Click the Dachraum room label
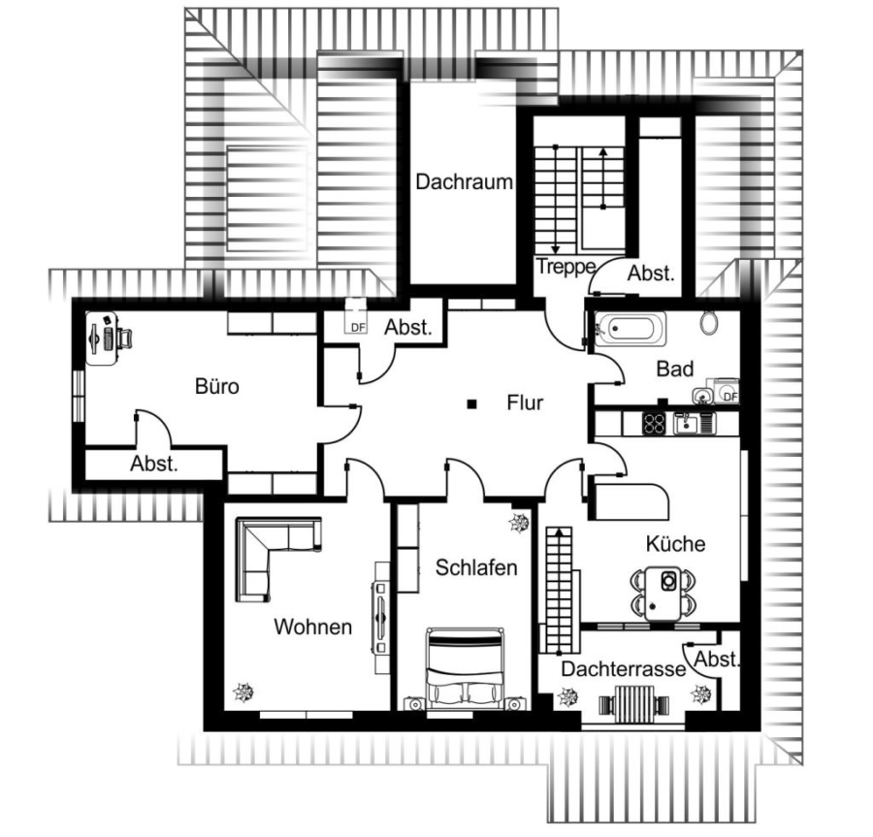pyautogui.click(x=464, y=182)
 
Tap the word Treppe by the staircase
pyautogui.click(x=566, y=267)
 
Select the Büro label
pyautogui.click(x=217, y=386)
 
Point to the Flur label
pyautogui.click(x=525, y=402)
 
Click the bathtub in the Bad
pyautogui.click(x=630, y=329)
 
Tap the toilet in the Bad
pyautogui.click(x=709, y=323)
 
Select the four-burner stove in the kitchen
pyautogui.click(x=654, y=424)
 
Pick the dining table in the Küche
pyautogui.click(x=663, y=594)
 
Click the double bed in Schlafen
pyautogui.click(x=465, y=668)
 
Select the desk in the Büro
pyautogui.click(x=101, y=338)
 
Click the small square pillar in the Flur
pyautogui.click(x=471, y=404)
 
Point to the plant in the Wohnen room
pyautogui.click(x=243, y=692)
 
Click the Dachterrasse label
pyautogui.click(x=624, y=669)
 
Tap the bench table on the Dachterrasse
pyautogui.click(x=633, y=703)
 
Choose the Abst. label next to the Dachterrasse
pyautogui.click(x=717, y=660)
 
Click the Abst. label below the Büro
pyautogui.click(x=154, y=464)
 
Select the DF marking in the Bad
pyautogui.click(x=729, y=397)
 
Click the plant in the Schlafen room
pyautogui.click(x=518, y=523)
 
